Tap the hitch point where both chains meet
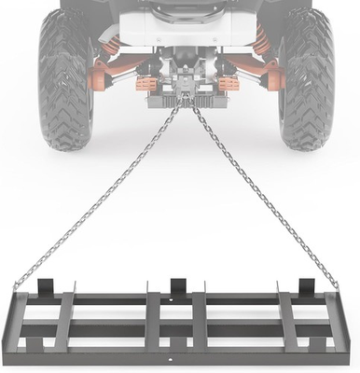coord(186,101)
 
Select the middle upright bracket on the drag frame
coord(177,287)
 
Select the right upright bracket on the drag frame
coord(305,287)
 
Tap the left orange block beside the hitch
coord(146,84)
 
